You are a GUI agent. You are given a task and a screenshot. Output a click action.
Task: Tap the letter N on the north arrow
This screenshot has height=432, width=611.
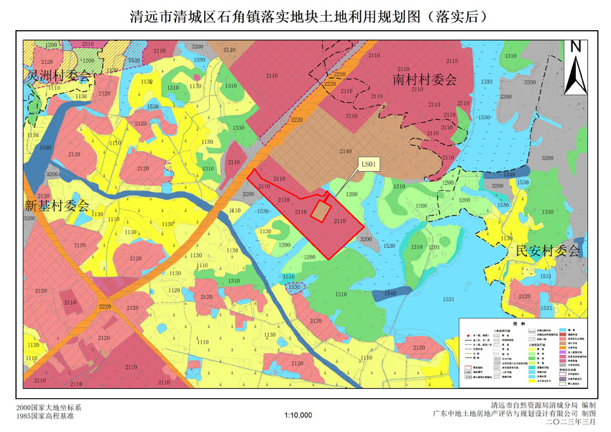tap(575, 46)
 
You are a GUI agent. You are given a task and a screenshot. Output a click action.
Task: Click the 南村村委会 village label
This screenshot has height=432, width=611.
tap(425, 80)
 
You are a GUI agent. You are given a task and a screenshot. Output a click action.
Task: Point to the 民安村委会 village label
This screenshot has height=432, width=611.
tap(548, 251)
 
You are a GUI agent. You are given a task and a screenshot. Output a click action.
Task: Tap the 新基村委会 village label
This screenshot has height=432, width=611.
tap(57, 205)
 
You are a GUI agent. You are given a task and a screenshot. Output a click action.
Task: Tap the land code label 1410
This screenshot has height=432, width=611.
tap(234, 211)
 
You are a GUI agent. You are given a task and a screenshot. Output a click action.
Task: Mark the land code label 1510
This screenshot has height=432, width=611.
tap(289, 277)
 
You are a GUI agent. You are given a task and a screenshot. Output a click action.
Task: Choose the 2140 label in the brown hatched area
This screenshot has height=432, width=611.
tap(346, 152)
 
